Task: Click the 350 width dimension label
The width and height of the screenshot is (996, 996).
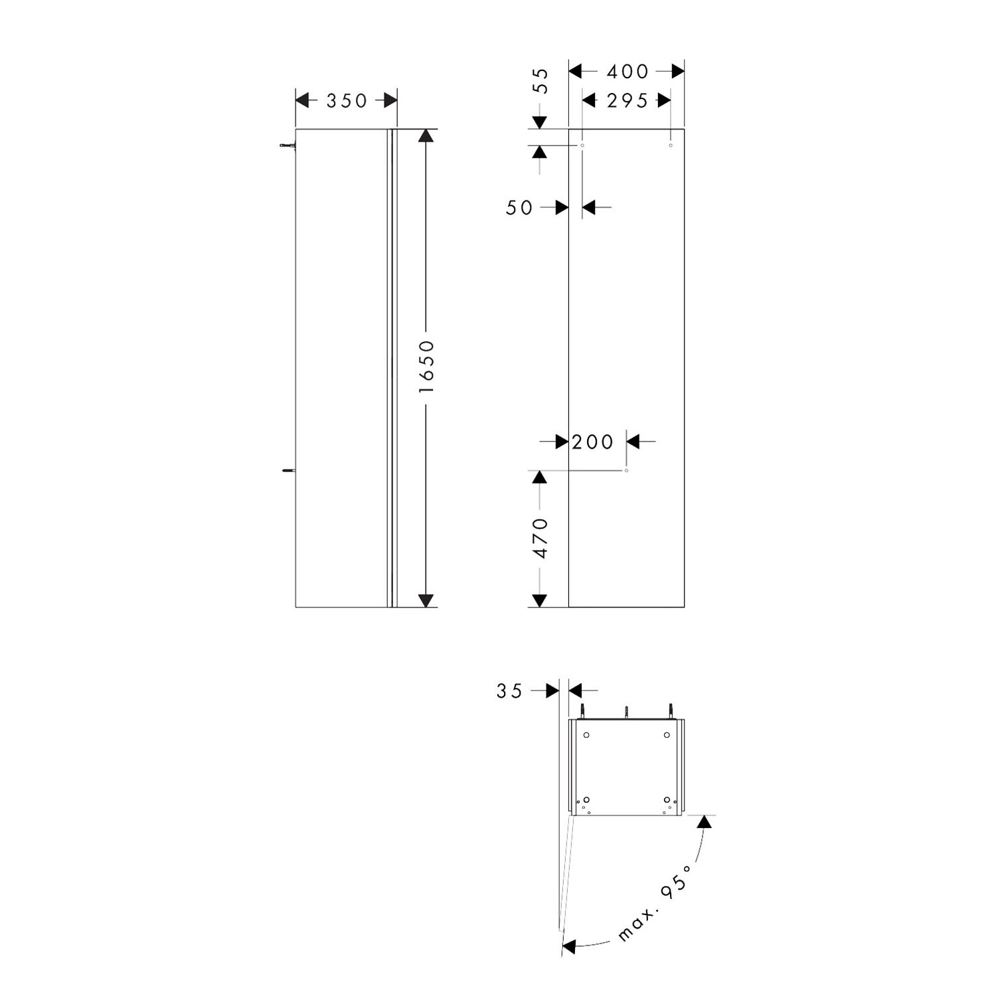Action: (347, 101)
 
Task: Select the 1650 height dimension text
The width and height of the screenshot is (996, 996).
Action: (426, 366)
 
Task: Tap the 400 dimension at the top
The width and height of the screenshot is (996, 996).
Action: (627, 71)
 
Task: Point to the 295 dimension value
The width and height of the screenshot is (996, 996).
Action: (627, 101)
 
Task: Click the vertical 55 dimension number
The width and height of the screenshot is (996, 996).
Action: (542, 81)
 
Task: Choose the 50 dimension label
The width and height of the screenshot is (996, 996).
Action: (519, 208)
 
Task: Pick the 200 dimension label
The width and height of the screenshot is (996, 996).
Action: (592, 442)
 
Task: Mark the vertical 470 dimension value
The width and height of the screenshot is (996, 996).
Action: (542, 539)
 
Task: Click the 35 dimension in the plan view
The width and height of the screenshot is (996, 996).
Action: (509, 691)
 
